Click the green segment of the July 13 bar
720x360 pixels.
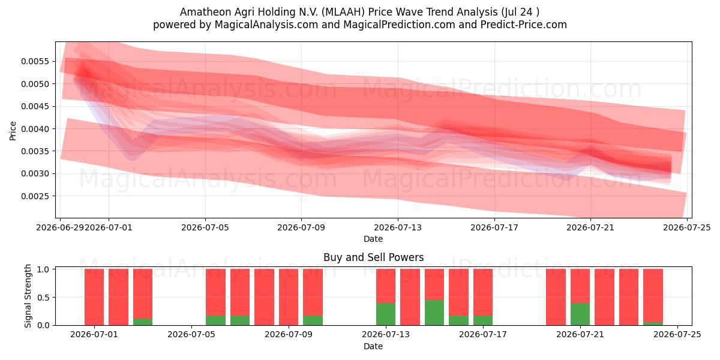(x=386, y=314)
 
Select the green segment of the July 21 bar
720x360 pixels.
(x=580, y=314)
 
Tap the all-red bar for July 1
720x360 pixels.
(x=94, y=297)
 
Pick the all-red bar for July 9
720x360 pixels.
(x=289, y=297)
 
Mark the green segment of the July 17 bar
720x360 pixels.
(x=483, y=320)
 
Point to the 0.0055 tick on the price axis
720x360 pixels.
(x=35, y=61)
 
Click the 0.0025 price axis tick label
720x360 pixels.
(x=35, y=196)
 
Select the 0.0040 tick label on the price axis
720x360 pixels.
(x=35, y=129)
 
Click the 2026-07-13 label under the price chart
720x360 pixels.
(x=398, y=227)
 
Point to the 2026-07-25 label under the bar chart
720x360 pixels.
(x=677, y=335)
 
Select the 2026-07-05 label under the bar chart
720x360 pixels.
(x=191, y=335)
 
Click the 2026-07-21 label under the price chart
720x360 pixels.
(x=590, y=227)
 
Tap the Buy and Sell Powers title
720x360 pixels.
(x=373, y=257)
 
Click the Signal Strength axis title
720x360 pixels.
(x=28, y=296)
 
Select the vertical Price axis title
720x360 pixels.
(x=13, y=131)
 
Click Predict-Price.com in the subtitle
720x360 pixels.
(x=524, y=25)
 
